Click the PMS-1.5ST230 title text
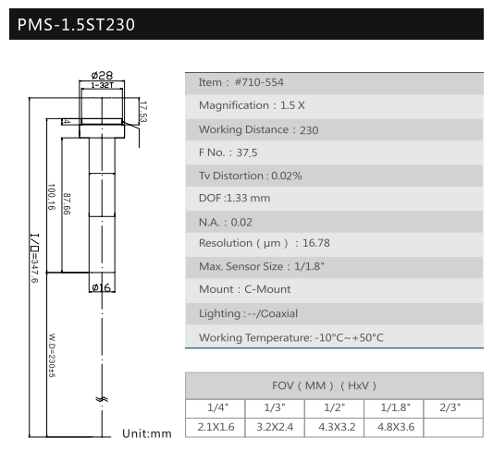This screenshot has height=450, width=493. [76, 25]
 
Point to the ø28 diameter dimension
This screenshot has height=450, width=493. [102, 76]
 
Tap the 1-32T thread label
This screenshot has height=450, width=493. [102, 85]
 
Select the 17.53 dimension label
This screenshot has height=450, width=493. [143, 112]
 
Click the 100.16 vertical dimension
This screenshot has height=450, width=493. [51, 197]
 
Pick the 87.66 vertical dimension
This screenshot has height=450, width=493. [67, 204]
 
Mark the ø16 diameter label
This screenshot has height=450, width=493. [101, 287]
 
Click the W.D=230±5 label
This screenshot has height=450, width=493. [52, 355]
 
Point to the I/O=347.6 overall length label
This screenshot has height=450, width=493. [34, 258]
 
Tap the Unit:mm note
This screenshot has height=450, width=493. [147, 433]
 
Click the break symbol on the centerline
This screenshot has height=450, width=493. [102, 399]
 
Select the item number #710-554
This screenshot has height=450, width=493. [259, 82]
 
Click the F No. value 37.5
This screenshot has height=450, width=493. [247, 153]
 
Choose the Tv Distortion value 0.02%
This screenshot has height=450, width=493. [287, 176]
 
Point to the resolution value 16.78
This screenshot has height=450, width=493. [316, 243]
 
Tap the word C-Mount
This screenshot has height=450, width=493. [267, 289]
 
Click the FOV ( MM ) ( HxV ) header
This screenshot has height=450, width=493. [324, 385]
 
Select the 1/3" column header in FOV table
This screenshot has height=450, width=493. [275, 407]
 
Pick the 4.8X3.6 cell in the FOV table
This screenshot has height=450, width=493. [396, 427]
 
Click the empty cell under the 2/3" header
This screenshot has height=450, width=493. [453, 428]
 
